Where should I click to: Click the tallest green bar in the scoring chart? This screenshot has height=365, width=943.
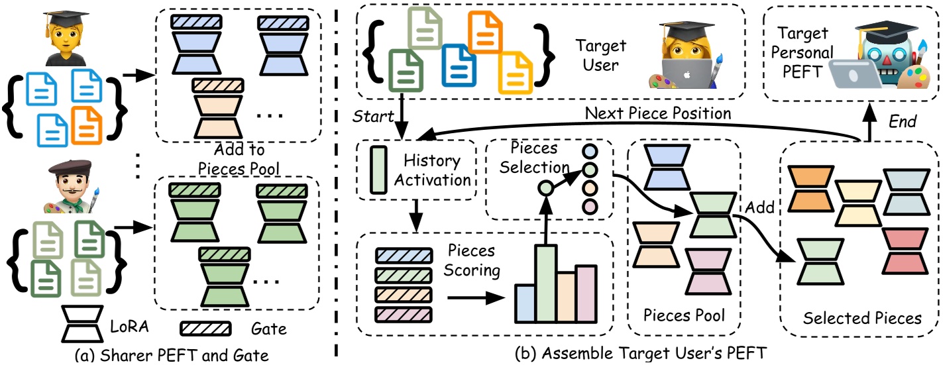(546, 283)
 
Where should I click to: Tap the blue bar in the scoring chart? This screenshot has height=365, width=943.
(525, 303)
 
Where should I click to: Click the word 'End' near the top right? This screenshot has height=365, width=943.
(903, 121)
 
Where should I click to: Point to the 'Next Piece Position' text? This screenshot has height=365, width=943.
(658, 113)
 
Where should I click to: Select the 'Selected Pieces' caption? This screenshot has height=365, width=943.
(861, 319)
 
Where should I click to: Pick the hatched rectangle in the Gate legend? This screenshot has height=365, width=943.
(205, 329)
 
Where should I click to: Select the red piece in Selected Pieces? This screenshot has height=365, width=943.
(903, 250)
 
